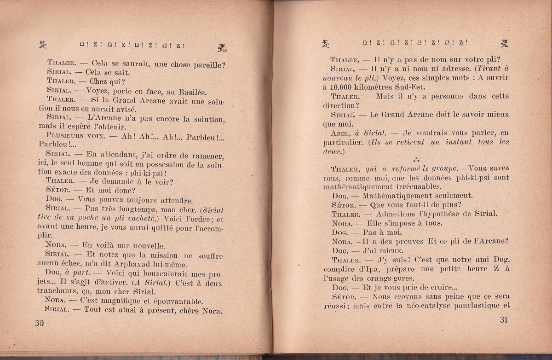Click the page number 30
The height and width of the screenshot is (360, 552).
(x=39, y=323)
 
